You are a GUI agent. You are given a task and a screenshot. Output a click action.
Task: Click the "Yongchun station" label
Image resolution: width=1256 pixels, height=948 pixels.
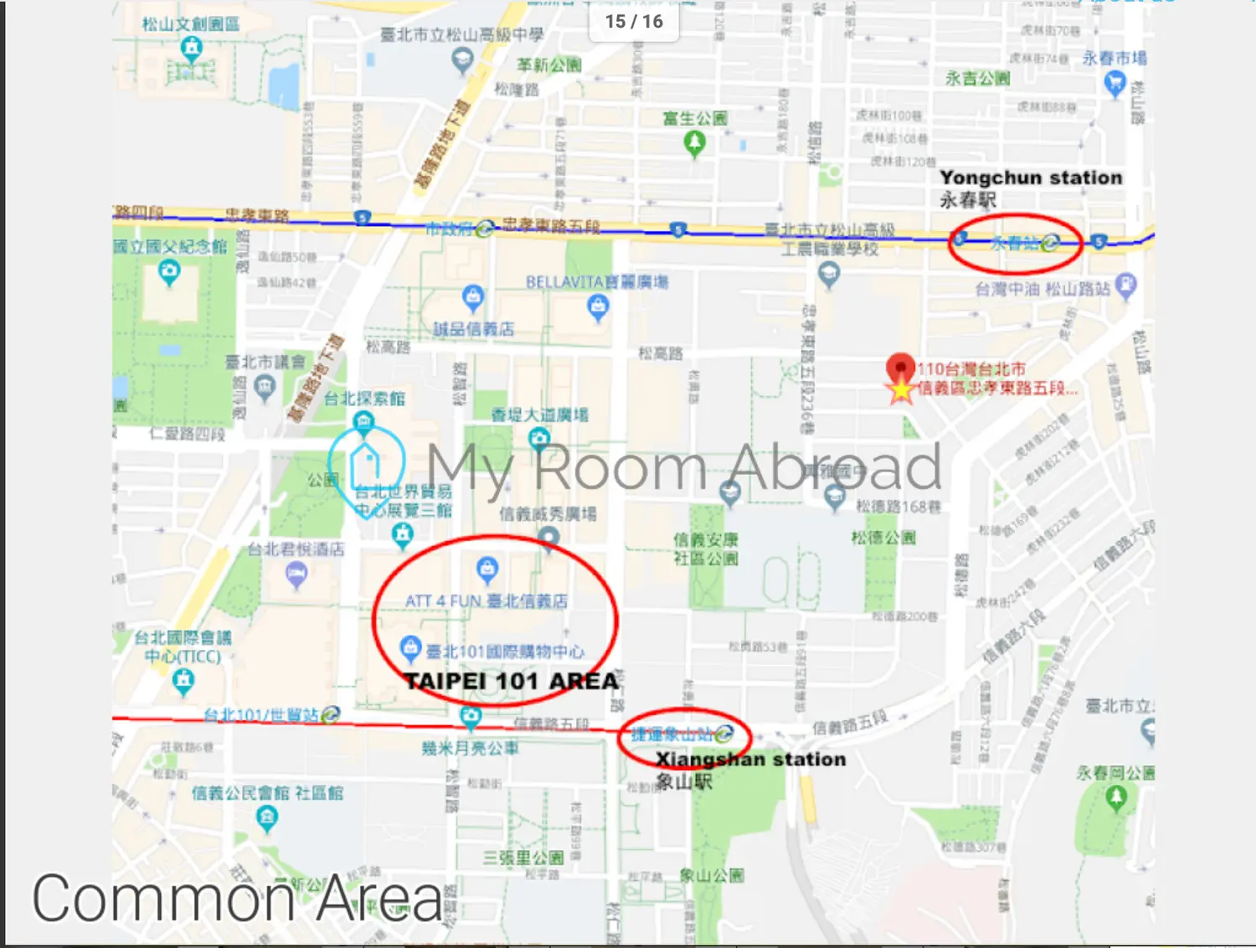tap(1030, 178)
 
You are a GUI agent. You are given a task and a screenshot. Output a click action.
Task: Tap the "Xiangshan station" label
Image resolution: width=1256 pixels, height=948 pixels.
tap(750, 760)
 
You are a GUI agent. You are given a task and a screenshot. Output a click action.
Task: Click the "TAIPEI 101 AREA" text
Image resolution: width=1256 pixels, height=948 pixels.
tap(511, 681)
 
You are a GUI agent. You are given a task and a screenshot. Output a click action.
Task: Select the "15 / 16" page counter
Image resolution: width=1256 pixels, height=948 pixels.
tap(634, 22)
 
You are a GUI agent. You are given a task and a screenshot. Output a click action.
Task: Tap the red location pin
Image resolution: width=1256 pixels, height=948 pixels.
tap(900, 369)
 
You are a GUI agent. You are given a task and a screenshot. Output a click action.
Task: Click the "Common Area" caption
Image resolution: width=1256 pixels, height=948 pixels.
tap(237, 898)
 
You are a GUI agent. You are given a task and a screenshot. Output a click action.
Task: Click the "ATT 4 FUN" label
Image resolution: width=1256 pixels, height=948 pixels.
tap(443, 601)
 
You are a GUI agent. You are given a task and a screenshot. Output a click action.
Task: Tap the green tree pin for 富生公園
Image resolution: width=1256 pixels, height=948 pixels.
tap(694, 143)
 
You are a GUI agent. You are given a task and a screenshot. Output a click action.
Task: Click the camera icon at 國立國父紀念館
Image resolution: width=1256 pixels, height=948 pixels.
tap(169, 272)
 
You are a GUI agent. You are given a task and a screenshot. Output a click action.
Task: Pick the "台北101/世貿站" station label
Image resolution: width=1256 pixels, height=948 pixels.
tap(261, 715)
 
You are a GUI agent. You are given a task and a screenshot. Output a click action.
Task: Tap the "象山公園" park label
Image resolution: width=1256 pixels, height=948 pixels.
tap(711, 876)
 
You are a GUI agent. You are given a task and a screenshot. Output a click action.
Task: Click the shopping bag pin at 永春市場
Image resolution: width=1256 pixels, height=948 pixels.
tap(1114, 83)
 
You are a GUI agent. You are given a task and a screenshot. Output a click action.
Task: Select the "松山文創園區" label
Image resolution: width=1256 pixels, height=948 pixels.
tap(190, 23)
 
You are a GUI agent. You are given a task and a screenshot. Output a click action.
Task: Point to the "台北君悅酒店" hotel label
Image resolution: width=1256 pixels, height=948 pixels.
tap(296, 549)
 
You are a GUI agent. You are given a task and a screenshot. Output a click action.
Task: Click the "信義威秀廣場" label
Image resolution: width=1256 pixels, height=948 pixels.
tap(548, 513)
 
